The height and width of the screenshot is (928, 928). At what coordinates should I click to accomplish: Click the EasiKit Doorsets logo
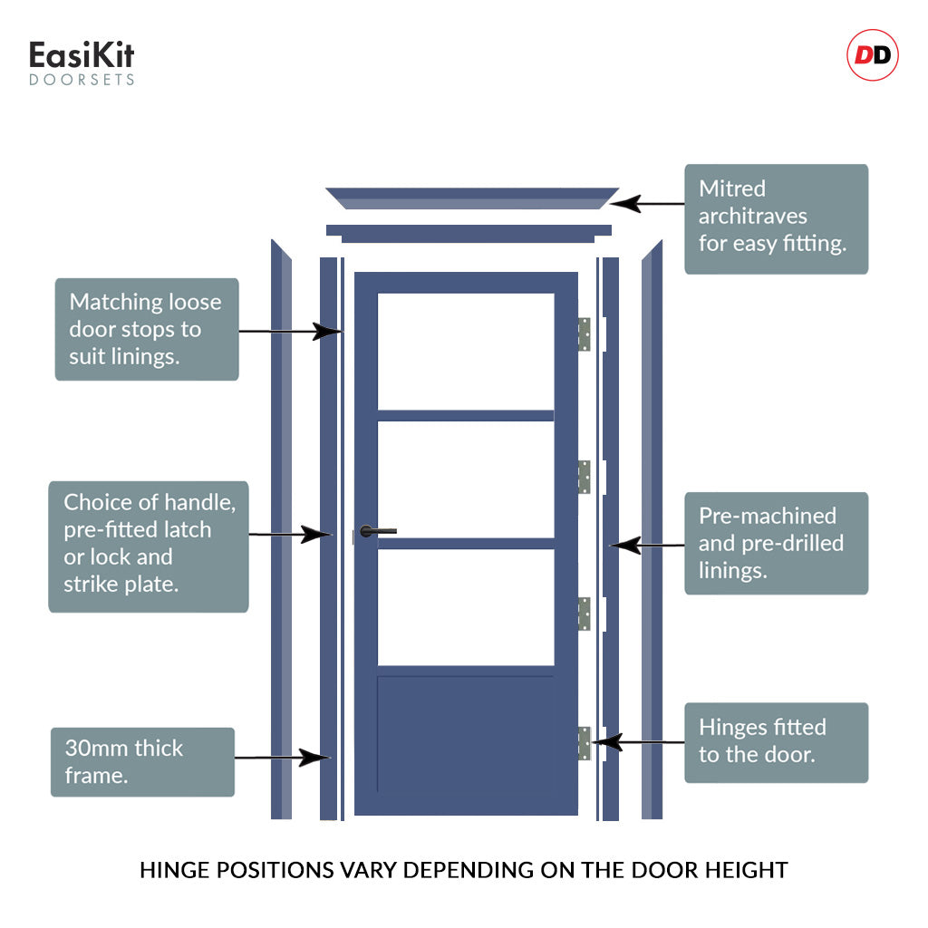[x=82, y=63]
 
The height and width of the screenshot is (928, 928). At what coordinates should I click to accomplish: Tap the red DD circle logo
[x=873, y=56]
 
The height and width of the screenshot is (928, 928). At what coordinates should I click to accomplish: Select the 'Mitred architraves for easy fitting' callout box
[x=776, y=218]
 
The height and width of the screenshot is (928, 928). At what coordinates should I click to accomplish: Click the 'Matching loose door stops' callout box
[x=147, y=329]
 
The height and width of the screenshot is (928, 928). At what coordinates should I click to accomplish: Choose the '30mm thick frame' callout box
[x=142, y=761]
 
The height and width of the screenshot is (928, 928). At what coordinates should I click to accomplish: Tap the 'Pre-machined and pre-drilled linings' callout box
[x=776, y=543]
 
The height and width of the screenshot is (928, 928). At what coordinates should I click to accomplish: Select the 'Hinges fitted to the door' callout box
[x=776, y=741]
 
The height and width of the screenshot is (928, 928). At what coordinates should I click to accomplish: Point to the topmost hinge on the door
[x=585, y=333]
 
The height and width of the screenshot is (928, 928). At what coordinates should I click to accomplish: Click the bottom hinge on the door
[x=585, y=743]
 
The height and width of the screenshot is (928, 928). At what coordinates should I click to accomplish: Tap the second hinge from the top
[x=585, y=477]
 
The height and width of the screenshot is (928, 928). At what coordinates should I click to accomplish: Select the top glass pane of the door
[x=466, y=351]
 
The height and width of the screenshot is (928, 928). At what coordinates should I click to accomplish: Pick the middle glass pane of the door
[x=466, y=479]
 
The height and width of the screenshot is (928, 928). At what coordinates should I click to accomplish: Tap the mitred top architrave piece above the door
[x=471, y=198]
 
